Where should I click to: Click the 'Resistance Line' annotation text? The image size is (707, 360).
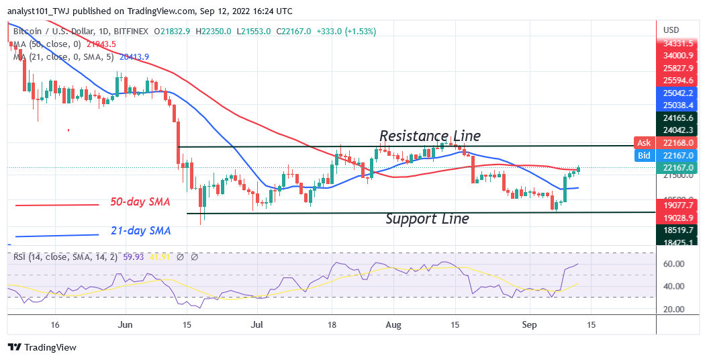pos(430,136)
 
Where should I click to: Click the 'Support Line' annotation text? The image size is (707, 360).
pos(427,219)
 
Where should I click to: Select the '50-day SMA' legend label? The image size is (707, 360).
pos(140,201)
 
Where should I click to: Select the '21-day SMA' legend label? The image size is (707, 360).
pos(140,231)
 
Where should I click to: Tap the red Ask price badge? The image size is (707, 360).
pos(643,142)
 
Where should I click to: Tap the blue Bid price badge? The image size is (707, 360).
pos(643,155)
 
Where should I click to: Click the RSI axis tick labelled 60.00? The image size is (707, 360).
pos(674,264)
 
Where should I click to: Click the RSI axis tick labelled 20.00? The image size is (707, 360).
pos(674,310)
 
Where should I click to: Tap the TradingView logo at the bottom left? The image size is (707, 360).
pos(42,347)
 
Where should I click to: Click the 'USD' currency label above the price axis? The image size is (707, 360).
pos(672,30)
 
